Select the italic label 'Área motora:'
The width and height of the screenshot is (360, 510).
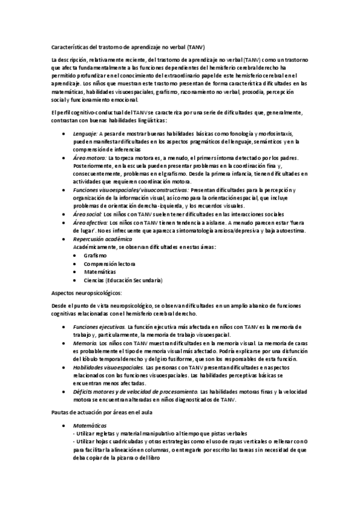[x=90, y=158]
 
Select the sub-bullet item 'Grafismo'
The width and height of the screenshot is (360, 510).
[x=96, y=255]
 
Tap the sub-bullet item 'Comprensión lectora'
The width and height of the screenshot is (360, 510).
[x=109, y=263]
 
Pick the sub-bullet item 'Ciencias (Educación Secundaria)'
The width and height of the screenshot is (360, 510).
[x=123, y=280]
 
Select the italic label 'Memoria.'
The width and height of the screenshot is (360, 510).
[x=85, y=343]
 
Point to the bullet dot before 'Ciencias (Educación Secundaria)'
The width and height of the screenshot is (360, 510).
[x=76, y=280]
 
